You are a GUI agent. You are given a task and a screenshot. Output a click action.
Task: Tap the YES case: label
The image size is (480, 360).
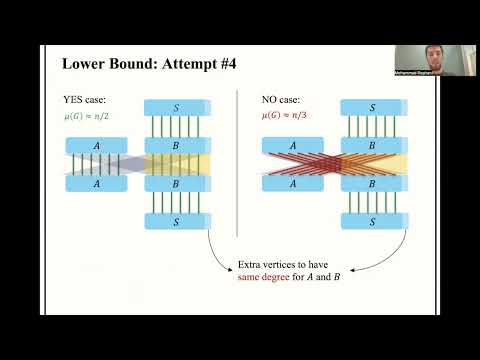[84, 99]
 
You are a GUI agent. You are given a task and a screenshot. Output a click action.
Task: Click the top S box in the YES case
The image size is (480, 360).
[176, 106]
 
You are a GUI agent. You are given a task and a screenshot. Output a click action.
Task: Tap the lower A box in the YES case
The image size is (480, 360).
[98, 184]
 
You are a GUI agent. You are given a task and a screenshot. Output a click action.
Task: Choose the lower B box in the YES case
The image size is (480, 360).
[176, 184]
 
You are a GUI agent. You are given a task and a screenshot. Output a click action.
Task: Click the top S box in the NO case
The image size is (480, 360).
[371, 106]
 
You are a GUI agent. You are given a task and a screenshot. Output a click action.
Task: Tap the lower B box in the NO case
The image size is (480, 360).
[371, 184]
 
